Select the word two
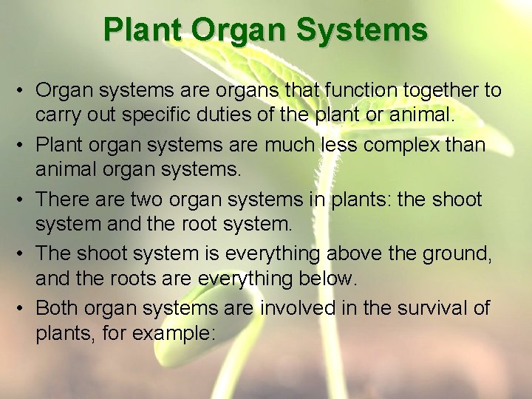pyautogui.click(x=148, y=199)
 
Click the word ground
pyautogui.click(x=459, y=254)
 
